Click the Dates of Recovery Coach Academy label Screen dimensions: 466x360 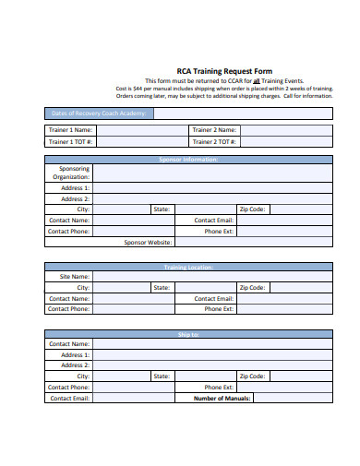pos(99,114)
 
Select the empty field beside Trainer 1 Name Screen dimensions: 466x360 pos(142,130)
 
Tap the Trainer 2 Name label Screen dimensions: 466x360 pos(214,130)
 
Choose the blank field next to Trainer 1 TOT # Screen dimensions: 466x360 pos(142,142)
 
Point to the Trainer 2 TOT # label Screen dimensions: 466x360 pos(214,142)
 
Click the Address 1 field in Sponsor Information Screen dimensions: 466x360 pos(212,187)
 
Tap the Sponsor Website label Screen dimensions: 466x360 pos(148,243)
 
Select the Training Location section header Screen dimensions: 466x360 pos(188,268)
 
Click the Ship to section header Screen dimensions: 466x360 pos(188,334)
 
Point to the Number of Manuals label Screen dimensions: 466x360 pos(224,399)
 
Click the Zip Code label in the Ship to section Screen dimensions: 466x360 pos(252,376)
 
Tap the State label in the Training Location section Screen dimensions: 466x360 pos(162,288)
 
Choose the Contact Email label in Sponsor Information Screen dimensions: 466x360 pos(214,221)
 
